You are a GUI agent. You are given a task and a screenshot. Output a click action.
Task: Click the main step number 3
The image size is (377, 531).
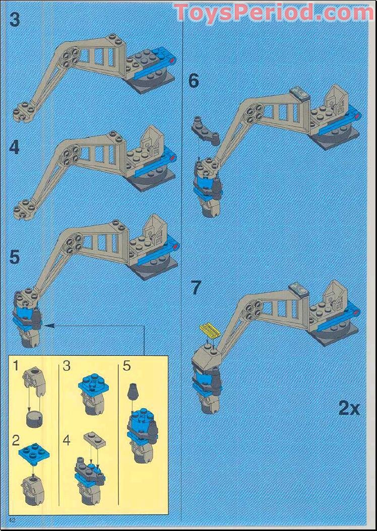15,20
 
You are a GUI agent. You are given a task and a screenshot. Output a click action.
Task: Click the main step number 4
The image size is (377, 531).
15,147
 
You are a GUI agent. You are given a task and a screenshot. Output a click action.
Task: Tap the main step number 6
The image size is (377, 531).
194,81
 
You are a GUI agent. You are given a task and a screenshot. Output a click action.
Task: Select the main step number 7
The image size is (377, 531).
196,288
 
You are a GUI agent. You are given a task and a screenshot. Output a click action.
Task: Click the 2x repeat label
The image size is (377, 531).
349,408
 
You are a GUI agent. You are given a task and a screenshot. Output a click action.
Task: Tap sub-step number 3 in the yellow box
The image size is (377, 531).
67,366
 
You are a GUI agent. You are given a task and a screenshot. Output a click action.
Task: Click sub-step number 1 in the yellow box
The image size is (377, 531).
16,366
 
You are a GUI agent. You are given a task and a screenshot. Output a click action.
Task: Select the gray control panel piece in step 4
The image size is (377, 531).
152,139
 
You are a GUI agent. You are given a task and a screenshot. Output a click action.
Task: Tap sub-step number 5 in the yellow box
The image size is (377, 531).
126,366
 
